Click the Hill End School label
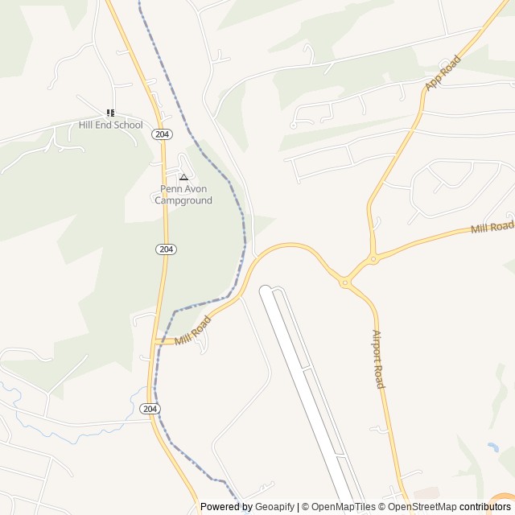point(110,125)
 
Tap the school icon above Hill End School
point(110,113)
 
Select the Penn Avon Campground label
point(183,195)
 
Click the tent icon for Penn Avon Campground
point(183,177)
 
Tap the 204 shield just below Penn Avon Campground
point(166,249)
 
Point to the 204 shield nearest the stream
point(150,409)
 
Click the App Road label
point(443,72)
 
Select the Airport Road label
point(378,359)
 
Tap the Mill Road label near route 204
point(193,330)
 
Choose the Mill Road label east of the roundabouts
point(492,228)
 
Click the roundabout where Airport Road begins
point(344,282)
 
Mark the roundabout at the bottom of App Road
point(373,259)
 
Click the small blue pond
point(492,447)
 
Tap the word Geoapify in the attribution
point(275,507)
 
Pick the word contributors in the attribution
point(485,507)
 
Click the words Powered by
point(226,507)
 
